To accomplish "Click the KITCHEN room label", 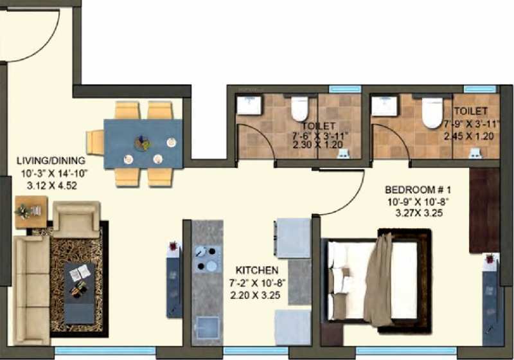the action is pos(257,270).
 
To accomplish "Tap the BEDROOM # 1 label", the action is pos(418,190).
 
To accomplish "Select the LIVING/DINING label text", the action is pos(51,161).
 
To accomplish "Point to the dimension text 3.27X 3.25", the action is pos(420,213).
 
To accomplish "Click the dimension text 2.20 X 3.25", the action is pos(255,295).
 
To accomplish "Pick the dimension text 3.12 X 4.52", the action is pos(52,186).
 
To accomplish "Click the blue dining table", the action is pos(143,144).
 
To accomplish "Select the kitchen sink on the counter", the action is pos(207,328).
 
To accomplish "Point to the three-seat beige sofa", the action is pos(31,290).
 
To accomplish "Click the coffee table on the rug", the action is pos(79,293).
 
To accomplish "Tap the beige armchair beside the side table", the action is pos(76,219).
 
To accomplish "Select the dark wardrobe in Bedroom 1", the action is pos(484,210).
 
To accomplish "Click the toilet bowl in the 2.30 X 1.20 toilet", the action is pos(300,108).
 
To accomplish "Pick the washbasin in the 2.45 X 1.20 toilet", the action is pos(384,105).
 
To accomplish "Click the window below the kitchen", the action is pos(256,351).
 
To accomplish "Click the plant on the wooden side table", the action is pos(24,211).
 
